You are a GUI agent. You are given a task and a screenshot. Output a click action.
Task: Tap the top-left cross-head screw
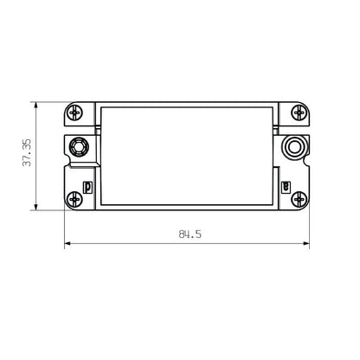click(x=76, y=112)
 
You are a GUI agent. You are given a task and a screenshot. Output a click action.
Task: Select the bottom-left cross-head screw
click(x=76, y=199)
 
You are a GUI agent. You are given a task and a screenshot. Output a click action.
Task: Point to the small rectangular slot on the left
click(x=87, y=187)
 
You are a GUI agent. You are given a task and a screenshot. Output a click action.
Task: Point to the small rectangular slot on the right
click(x=286, y=187)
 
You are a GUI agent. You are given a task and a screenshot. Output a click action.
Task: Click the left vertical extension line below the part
click(x=65, y=229)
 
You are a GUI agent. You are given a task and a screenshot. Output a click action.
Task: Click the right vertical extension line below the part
click(x=310, y=229)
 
